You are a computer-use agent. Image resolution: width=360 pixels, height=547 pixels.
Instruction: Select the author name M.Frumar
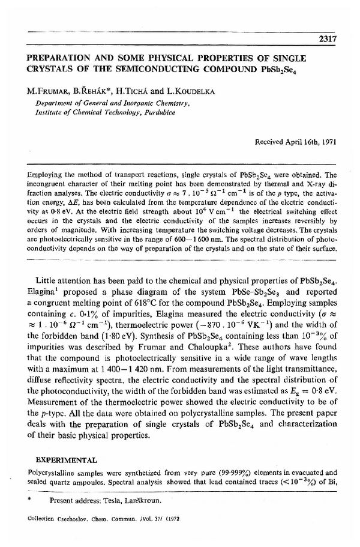46,91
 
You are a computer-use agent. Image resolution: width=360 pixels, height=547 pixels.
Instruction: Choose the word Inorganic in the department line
125,103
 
